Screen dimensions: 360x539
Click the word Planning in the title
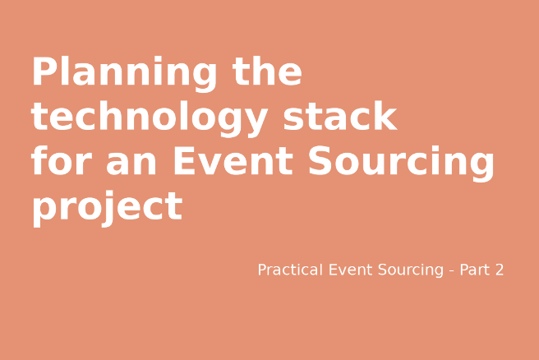[x=123, y=74]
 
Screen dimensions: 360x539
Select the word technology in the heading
[x=149, y=119]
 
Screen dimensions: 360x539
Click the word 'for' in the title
[x=61, y=162]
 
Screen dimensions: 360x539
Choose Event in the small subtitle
[x=350, y=270]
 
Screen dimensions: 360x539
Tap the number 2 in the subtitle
[x=499, y=270]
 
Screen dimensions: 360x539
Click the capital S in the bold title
[x=322, y=162]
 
